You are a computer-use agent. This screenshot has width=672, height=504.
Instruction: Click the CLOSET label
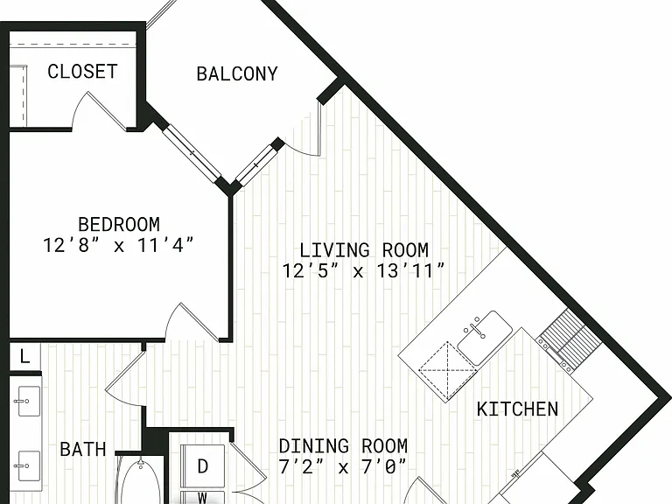[x=82, y=72]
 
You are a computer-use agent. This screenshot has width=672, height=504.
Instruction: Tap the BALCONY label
[x=237, y=73]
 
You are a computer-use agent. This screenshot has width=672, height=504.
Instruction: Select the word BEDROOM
[x=119, y=224]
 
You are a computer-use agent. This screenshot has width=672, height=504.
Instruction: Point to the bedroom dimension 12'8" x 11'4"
[x=119, y=245]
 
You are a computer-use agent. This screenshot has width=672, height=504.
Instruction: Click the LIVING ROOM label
[x=364, y=250]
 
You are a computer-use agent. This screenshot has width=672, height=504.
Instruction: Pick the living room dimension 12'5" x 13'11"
[x=363, y=270]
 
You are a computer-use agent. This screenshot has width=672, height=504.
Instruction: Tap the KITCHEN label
[x=517, y=409]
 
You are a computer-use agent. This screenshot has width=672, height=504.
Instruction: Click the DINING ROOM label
[x=343, y=446]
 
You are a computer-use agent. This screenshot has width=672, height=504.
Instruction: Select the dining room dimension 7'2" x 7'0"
[x=342, y=466]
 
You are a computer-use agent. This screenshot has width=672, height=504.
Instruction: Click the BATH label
[x=83, y=449]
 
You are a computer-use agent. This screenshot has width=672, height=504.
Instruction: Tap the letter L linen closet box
[x=24, y=357]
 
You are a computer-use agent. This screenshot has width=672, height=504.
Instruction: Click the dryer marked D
[x=203, y=465]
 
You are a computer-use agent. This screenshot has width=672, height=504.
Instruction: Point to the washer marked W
[x=203, y=498]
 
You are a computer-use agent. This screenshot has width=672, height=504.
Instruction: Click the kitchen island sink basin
[x=485, y=337]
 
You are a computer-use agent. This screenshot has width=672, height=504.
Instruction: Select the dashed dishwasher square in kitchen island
[x=448, y=371]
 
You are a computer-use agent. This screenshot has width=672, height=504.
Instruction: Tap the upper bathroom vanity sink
[x=28, y=401]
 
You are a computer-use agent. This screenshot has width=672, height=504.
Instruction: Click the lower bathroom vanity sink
[x=28, y=465]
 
